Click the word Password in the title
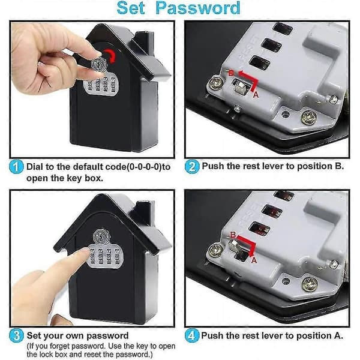198,8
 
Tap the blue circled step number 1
16,167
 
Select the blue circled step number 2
192,167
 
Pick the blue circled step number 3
16,335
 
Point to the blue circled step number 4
192,335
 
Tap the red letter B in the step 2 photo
232,73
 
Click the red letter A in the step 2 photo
256,94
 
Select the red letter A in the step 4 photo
254,260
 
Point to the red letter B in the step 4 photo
233,235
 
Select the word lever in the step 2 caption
275,166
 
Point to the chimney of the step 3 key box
143,213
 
